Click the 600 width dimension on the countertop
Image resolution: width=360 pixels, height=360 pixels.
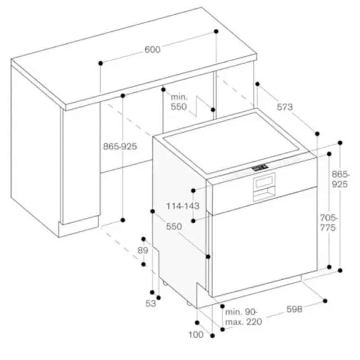point(153,49)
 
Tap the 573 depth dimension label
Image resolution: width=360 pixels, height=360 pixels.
point(285,107)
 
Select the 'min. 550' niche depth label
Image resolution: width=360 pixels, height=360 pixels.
point(179,102)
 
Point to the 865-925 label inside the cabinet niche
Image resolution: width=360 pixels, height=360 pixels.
point(120,146)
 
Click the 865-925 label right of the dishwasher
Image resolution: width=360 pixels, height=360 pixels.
point(340,179)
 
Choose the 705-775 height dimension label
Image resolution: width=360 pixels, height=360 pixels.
point(328,222)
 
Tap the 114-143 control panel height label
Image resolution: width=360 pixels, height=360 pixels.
point(183,206)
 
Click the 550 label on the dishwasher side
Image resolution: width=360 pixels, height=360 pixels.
point(174,227)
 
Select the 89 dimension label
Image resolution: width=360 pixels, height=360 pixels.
point(143,250)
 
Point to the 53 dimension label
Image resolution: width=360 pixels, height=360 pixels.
point(151,303)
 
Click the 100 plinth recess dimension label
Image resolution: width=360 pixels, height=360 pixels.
point(196,335)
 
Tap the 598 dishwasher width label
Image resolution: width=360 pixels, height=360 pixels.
point(294,309)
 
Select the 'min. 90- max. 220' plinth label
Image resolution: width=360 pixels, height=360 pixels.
point(243,317)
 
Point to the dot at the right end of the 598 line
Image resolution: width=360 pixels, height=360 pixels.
point(325,301)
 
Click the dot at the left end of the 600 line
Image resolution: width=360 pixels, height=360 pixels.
point(100,63)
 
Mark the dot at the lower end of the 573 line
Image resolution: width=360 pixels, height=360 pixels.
point(317,134)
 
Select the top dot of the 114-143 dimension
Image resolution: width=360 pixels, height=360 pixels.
point(193,190)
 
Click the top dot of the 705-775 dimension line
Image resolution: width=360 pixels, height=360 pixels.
point(329,154)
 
